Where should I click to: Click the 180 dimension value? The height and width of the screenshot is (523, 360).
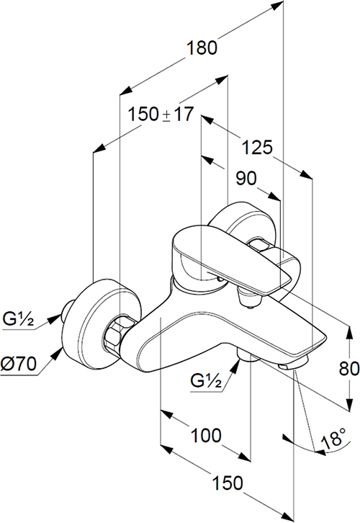(202, 48)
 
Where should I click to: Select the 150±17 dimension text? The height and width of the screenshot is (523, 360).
(161, 115)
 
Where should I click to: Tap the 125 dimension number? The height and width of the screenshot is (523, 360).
(257, 148)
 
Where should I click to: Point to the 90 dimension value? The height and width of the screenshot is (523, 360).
(246, 178)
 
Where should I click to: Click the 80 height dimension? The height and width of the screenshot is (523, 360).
(349, 369)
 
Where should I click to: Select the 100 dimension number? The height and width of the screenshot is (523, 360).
(206, 435)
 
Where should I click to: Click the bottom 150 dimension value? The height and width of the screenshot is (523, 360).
(228, 483)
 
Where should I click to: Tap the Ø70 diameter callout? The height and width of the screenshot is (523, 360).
(19, 364)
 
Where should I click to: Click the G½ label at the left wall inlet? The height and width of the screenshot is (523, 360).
(18, 319)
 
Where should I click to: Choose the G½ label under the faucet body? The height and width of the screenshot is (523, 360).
(206, 380)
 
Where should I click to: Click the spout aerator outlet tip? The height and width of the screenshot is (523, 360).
(293, 364)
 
